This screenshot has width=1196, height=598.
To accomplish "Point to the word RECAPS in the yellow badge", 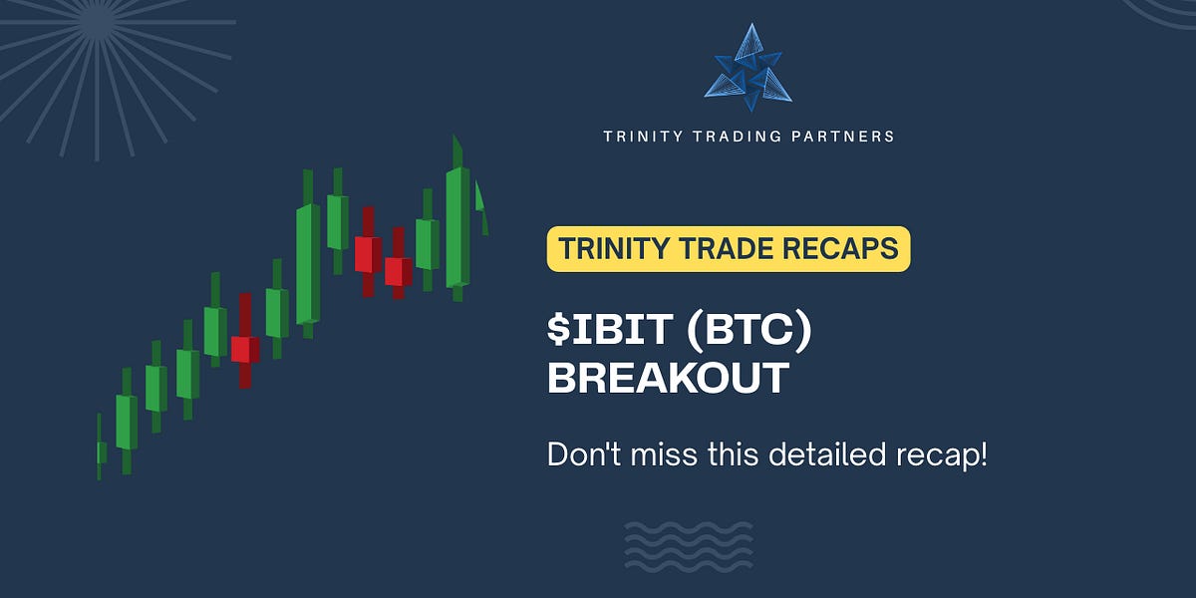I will [x=845, y=248].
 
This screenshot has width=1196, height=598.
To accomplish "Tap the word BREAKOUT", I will [x=669, y=379].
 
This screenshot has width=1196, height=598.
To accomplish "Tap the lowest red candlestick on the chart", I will [x=244, y=349].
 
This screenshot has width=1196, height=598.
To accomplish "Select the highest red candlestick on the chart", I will [x=367, y=253].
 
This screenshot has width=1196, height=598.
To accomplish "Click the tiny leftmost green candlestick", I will [x=101, y=452].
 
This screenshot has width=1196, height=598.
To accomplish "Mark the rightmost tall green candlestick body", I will [x=457, y=227].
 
